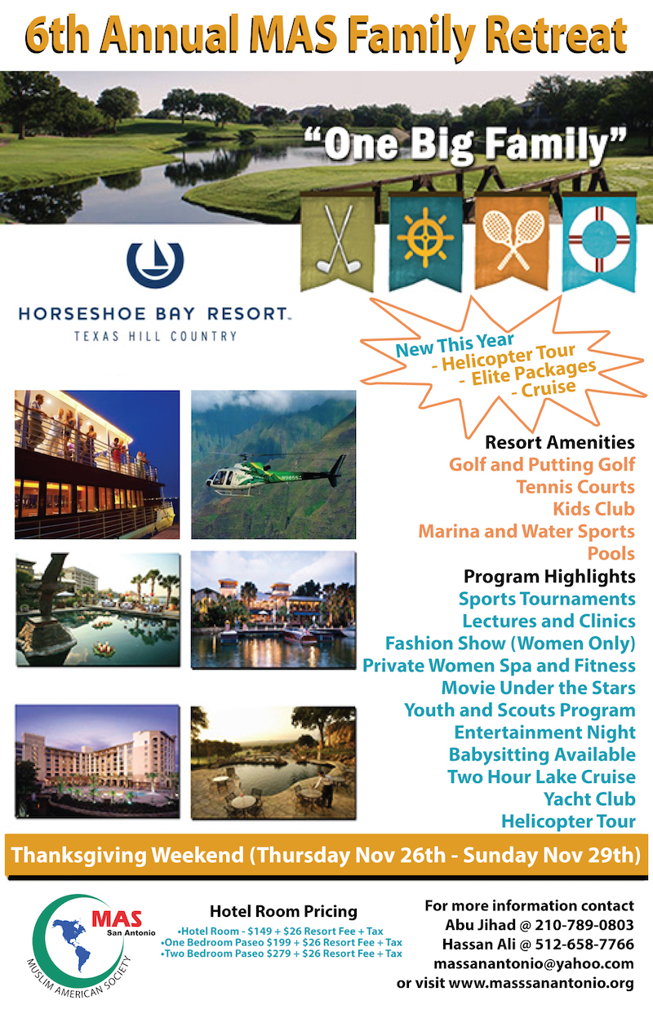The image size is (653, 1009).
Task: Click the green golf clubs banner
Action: [337, 241]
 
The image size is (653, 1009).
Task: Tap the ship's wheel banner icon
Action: [425, 237]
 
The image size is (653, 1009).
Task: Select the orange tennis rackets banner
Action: [513, 240]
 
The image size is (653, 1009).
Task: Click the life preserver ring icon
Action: [599, 239]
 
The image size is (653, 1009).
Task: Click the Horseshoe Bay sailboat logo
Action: [155, 263]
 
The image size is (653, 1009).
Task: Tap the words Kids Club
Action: [593, 509]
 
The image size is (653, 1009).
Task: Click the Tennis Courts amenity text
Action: [575, 487]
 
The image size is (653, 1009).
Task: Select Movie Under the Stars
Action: [538, 688]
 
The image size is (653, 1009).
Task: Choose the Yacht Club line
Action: [589, 799]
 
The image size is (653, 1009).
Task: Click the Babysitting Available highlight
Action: [542, 755]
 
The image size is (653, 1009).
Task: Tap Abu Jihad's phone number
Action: [584, 925]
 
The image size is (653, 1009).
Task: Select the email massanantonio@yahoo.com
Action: [534, 963]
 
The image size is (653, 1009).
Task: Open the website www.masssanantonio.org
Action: [541, 983]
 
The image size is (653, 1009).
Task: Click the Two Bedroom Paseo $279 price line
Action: [282, 954]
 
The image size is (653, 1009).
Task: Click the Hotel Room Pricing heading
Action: [283, 911]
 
